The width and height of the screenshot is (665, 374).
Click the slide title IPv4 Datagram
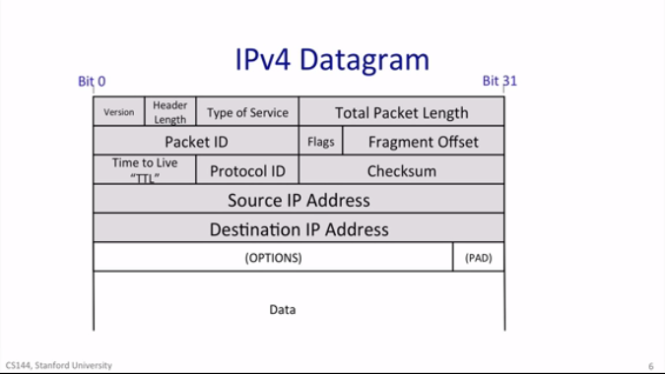332,59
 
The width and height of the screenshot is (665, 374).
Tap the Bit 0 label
92,82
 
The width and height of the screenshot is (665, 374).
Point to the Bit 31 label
499,82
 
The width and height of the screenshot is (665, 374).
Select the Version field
119,112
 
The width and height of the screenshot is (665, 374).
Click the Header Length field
169,112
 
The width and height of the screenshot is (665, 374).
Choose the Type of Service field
247,112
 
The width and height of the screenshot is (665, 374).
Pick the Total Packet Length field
401,112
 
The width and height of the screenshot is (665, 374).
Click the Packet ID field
196,142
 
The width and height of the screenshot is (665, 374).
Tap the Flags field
320,142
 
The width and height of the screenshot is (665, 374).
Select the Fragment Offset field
423,142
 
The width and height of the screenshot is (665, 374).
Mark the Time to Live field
145,170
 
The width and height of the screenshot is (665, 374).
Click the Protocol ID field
247,171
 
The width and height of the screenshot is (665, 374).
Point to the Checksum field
401,171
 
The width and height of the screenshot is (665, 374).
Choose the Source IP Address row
299,200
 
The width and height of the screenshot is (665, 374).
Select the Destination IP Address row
299,229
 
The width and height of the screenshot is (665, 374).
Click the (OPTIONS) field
273,258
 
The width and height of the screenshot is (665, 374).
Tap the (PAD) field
478,258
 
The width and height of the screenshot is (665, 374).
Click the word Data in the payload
283,310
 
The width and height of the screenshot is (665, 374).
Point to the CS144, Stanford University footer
57,365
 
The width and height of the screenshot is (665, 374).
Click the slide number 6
650,366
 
